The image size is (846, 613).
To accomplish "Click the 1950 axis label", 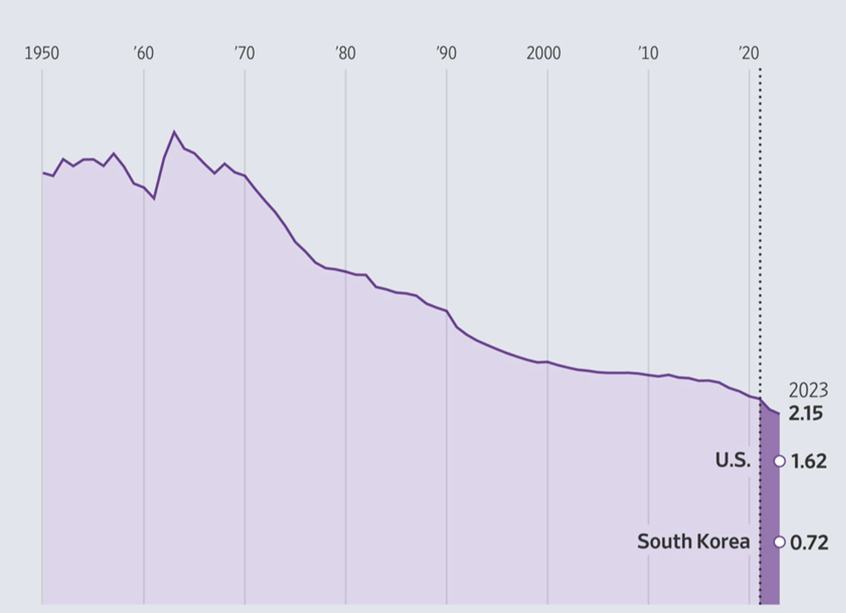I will click(41, 53).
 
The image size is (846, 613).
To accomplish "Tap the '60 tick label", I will click(143, 53).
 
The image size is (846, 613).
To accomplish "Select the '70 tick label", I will click(244, 53).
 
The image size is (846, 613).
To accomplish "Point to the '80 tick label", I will click(345, 53).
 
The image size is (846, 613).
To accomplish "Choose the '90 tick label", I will click(446, 53).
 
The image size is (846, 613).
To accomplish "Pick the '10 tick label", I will click(648, 53).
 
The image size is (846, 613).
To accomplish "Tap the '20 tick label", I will click(748, 53).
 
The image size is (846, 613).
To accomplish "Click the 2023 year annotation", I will click(808, 391).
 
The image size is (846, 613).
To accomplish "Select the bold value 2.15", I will click(806, 415).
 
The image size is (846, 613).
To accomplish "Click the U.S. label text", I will click(733, 461).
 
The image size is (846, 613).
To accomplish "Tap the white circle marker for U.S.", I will click(779, 461).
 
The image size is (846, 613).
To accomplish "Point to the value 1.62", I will click(808, 461).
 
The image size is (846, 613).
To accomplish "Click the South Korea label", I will click(693, 541).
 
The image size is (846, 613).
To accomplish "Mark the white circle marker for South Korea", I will click(779, 542).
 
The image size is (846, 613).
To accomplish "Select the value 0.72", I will click(809, 542).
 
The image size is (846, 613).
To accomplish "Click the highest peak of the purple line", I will click(174, 132).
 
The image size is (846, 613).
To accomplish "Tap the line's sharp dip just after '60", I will click(154, 198).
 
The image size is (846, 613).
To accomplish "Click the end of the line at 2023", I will click(779, 414).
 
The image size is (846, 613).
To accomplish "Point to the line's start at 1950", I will click(43, 172).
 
